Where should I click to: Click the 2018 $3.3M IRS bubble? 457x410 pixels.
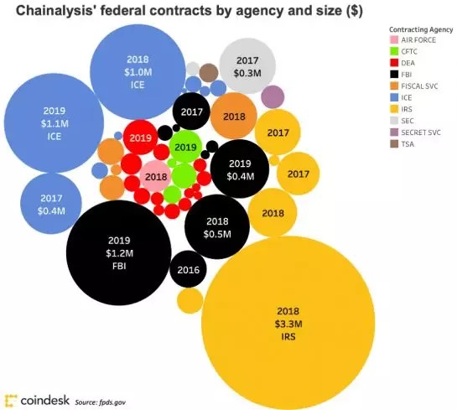(x=288, y=318)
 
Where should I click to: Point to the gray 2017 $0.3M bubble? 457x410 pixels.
(x=247, y=67)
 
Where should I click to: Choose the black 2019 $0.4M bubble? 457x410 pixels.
(x=240, y=169)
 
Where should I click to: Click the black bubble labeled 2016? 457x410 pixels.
(x=190, y=270)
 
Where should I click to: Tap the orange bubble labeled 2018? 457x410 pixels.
(x=234, y=117)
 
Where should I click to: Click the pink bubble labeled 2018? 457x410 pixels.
(x=156, y=177)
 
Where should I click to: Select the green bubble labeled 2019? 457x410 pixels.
(x=184, y=147)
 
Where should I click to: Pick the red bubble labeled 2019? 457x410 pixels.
(x=141, y=137)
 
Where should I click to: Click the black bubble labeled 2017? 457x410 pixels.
(x=191, y=112)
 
